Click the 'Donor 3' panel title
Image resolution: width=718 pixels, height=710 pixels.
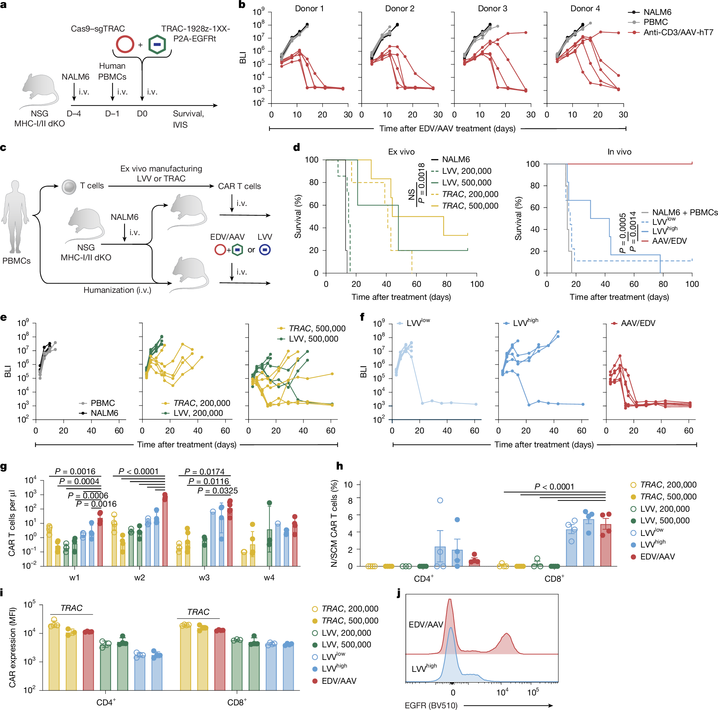pos(492,9)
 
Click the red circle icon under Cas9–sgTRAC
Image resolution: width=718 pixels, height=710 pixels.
pos(125,44)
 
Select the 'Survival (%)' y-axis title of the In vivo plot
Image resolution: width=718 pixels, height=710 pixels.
pos(518,219)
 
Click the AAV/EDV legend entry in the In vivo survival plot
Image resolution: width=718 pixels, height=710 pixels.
pos(669,241)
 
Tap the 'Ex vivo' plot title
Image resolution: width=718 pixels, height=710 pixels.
pos(401,152)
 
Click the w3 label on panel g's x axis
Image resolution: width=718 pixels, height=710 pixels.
pos(204,577)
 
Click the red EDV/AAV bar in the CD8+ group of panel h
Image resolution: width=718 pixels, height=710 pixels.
pos(605,545)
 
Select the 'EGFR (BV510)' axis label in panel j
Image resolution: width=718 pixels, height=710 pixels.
pos(431,705)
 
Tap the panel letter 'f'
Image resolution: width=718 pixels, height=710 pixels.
pos(362,317)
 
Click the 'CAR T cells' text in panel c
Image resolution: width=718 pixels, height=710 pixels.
pos(239,186)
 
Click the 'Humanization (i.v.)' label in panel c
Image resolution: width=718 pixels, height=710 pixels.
pos(117,290)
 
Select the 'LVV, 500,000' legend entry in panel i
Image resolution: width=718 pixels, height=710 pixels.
pos(346,645)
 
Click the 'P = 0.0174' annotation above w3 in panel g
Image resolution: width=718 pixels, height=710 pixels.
pos(205,471)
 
